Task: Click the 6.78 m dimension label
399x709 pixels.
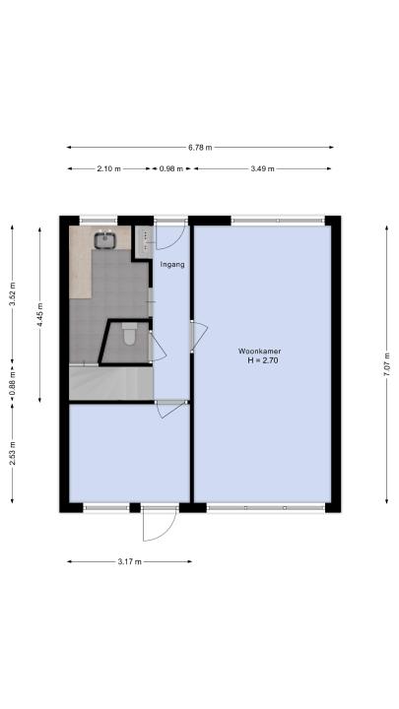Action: [x=200, y=147]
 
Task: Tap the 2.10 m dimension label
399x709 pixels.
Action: [x=109, y=168]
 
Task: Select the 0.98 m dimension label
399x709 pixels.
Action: [x=171, y=168]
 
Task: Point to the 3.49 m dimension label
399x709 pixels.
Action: [x=262, y=168]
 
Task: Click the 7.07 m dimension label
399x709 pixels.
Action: [x=386, y=364]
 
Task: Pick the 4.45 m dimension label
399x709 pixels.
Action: [x=39, y=315]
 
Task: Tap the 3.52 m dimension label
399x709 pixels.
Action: [x=12, y=293]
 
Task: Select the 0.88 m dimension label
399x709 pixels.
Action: [x=12, y=383]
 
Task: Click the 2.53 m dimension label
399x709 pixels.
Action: [x=12, y=453]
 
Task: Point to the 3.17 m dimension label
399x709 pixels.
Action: [x=130, y=561]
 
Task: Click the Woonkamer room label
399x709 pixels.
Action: [x=260, y=351]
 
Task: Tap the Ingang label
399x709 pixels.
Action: [x=172, y=265]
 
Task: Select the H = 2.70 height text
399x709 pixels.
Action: [x=263, y=360]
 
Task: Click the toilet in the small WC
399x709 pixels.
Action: [x=130, y=333]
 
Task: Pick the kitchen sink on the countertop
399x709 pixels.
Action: [x=105, y=239]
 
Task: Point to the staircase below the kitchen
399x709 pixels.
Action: [x=111, y=383]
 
